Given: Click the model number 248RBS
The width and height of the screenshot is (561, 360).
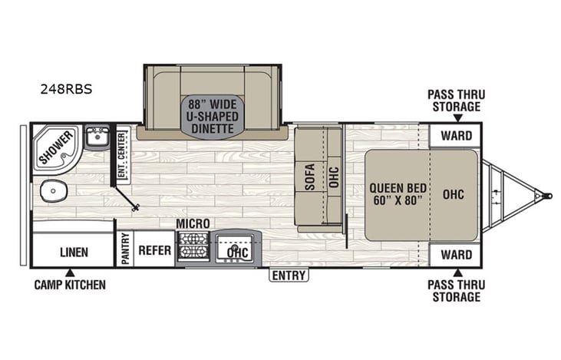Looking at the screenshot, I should point(66,88).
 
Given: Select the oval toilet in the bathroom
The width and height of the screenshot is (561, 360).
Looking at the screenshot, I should point(51,190).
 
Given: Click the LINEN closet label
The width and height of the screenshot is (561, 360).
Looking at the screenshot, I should point(74,251).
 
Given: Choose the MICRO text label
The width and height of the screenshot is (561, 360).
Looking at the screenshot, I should point(193,223).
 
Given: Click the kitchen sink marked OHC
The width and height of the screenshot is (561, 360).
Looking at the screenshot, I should point(236,249).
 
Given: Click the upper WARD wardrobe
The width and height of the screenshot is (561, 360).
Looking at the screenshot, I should point(456,137).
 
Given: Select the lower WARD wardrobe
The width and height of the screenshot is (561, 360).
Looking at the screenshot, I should point(456,254).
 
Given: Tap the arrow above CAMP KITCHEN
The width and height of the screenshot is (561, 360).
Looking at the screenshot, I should point(69,272).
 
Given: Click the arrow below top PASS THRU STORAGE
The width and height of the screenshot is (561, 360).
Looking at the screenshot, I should point(457,118).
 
